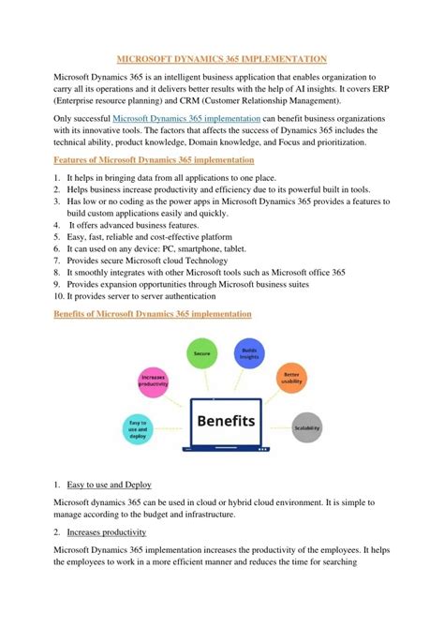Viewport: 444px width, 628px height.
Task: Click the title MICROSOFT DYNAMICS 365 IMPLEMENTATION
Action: point(222,58)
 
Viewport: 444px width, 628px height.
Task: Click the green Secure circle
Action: point(201,353)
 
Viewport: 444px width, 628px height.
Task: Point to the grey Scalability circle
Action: point(306,427)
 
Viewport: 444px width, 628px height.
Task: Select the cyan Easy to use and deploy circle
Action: point(138,429)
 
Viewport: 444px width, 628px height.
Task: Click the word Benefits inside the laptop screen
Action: point(226,421)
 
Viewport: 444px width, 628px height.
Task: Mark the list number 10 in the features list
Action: point(59,295)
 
